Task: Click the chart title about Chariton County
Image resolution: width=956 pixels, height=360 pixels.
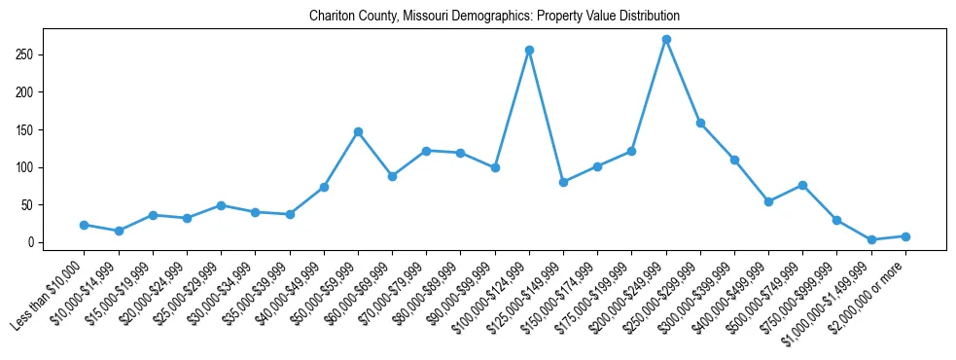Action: point(494,17)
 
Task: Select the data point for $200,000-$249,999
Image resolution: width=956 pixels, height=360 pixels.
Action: point(666,40)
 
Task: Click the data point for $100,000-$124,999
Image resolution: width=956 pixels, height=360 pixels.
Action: point(529,50)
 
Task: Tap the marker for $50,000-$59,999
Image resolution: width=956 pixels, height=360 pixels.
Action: point(358,131)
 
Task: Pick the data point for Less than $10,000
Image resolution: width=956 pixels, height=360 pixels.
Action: point(85,225)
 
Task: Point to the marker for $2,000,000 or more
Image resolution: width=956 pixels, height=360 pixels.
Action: point(905,236)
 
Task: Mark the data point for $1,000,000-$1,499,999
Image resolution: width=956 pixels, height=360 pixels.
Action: point(871,239)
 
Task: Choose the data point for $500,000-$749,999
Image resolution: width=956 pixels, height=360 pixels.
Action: point(802,185)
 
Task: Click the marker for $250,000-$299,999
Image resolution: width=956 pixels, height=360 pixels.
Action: point(700,124)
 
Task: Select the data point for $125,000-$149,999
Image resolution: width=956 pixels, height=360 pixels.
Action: point(563,182)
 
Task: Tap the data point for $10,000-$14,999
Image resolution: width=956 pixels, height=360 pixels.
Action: point(119,231)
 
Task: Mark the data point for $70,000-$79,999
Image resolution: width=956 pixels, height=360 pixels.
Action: point(426,151)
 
